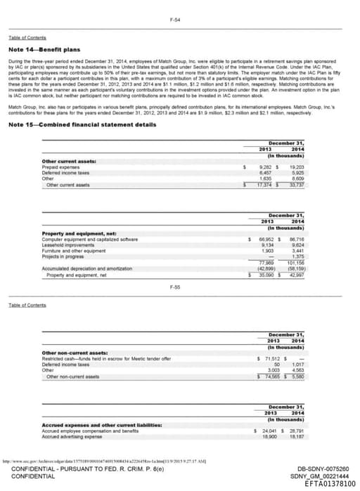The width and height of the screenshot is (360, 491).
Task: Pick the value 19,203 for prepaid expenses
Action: [x=295, y=167]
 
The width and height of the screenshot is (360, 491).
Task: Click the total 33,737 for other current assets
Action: [x=295, y=185]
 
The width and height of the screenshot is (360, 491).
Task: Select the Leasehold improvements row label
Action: [x=67, y=244]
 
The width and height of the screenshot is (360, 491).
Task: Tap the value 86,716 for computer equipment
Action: [x=295, y=239]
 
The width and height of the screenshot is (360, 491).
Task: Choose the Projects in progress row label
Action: [x=63, y=256]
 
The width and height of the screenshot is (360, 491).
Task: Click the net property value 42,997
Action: [x=295, y=275]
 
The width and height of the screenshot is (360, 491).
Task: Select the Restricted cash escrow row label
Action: [x=106, y=358]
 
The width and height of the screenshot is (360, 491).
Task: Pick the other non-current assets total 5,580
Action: [x=295, y=376]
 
